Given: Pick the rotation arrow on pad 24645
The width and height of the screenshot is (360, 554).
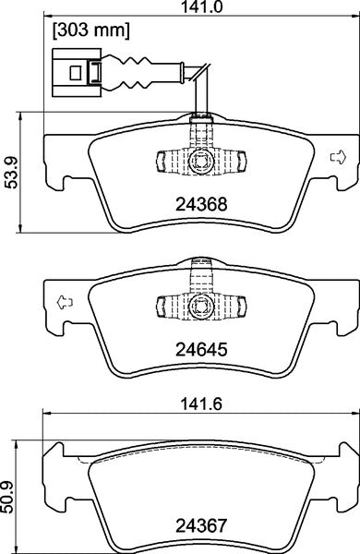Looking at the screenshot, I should tap(64, 300).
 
